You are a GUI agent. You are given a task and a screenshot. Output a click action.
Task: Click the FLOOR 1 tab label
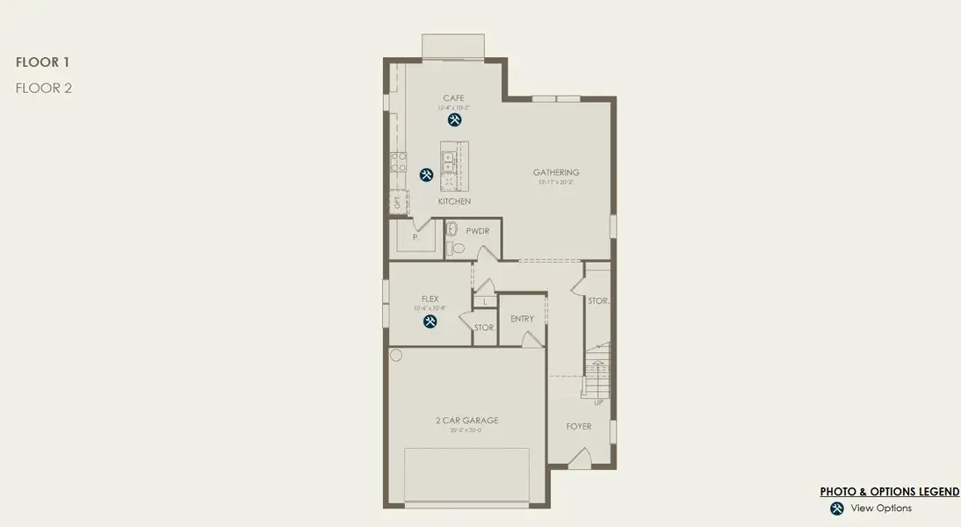point(42,62)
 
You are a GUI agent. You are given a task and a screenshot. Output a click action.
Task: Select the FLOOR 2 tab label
point(43,88)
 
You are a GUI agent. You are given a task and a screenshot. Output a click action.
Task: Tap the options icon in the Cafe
point(454,119)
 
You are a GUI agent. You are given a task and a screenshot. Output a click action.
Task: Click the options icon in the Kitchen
point(426,175)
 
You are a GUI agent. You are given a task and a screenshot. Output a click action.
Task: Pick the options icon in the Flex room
point(430,321)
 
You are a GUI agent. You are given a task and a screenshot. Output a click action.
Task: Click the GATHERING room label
point(556,173)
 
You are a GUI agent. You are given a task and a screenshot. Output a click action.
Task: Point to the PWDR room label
point(477,231)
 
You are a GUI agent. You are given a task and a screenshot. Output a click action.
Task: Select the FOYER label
point(579,427)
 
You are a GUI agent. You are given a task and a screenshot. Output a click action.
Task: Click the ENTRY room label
point(522,319)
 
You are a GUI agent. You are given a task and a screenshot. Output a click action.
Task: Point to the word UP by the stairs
point(599,402)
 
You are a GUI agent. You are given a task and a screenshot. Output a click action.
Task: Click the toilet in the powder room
point(452,230)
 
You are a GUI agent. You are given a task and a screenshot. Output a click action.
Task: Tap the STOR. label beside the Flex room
point(485,328)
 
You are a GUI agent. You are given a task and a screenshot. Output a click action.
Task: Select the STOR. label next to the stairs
point(598,301)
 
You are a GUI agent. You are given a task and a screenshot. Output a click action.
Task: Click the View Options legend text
point(881,509)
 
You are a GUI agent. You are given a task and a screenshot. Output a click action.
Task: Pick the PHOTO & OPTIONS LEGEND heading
point(889,492)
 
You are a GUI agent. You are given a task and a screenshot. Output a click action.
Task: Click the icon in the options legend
point(837,509)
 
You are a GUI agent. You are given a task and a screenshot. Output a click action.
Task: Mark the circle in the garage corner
point(396,356)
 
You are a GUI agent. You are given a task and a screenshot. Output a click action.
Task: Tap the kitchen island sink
point(447,161)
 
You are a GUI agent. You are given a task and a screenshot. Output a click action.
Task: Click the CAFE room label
point(453,98)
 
